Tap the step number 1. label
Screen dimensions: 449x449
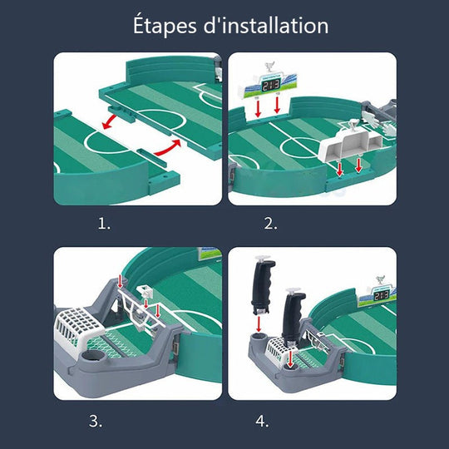click(104, 223)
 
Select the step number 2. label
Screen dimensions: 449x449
click(271, 223)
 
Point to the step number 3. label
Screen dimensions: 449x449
click(96, 421)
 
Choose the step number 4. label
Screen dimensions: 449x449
click(263, 421)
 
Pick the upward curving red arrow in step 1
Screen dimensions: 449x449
click(167, 147)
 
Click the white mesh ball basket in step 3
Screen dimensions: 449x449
click(81, 328)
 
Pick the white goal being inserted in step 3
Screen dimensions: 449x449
click(142, 312)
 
